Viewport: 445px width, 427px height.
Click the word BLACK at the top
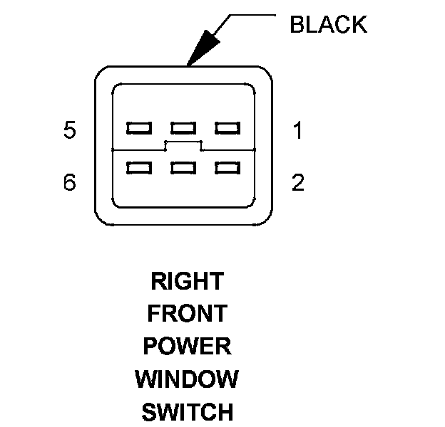click(328, 25)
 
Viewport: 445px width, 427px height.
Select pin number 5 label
click(69, 131)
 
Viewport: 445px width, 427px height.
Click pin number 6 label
click(69, 183)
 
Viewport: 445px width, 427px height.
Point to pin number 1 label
click(298, 131)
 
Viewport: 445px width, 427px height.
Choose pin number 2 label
click(298, 183)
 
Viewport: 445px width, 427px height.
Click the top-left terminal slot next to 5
click(138, 128)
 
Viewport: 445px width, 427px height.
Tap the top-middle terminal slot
click(183, 128)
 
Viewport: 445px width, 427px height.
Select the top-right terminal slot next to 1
click(227, 128)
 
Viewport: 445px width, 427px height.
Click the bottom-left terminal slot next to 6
click(138, 168)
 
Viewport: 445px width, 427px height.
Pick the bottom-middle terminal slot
click(183, 168)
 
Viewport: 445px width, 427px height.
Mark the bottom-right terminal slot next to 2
click(227, 168)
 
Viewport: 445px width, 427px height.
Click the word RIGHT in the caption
click(187, 281)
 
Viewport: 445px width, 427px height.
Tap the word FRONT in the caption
click(187, 314)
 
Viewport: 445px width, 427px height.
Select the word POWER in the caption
click(187, 347)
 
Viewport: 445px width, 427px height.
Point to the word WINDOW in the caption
click(187, 379)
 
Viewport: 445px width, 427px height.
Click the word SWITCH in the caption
click(187, 412)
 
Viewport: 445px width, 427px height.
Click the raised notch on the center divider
click(183, 145)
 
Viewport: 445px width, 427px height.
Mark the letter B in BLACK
click(297, 25)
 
